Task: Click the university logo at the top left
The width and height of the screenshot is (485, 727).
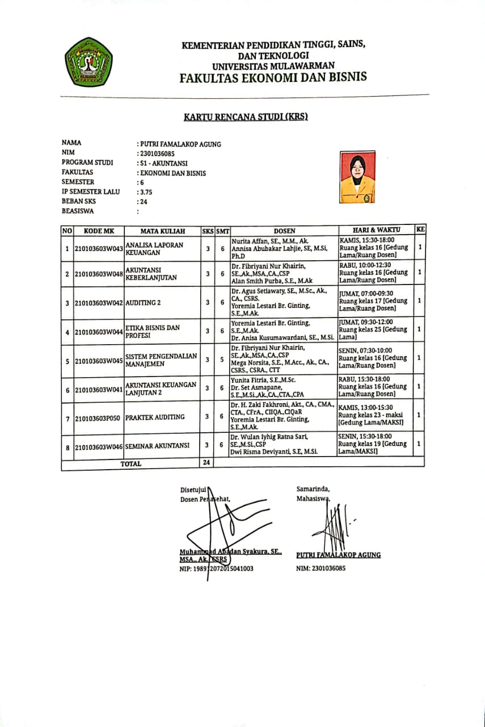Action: pos(89,61)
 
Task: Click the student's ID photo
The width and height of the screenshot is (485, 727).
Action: pos(357,177)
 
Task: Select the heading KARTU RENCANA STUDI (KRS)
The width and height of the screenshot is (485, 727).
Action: pos(245,118)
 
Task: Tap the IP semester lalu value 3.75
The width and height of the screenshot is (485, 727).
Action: pos(146,192)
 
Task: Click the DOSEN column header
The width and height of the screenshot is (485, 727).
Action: pos(284,231)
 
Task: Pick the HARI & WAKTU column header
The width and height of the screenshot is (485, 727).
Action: pos(376,230)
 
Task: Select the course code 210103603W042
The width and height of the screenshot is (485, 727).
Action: pos(99,303)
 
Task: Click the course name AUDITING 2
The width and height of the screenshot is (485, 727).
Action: pos(142,303)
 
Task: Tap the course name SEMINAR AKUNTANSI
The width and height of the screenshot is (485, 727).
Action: pos(157,446)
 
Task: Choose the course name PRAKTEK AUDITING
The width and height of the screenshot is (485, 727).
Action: pos(155,417)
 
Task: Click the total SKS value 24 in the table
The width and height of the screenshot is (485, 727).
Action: pos(207,463)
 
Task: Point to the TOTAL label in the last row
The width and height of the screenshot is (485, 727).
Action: pos(131,463)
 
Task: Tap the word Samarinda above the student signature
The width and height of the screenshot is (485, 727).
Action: pos(312,488)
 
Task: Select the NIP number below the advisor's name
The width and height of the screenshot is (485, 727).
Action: pos(216,568)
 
